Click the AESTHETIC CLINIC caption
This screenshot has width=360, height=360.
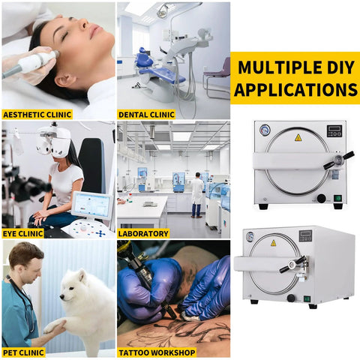point(37,115)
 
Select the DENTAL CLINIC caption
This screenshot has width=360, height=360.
point(146,115)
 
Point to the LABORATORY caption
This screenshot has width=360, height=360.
point(143,233)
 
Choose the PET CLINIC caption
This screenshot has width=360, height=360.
point(25,352)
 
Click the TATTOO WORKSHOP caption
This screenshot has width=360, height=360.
point(157,352)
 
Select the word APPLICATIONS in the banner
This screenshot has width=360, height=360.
point(295,90)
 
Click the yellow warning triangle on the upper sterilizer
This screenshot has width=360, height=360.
point(298,138)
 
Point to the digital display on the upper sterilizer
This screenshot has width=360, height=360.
point(335,130)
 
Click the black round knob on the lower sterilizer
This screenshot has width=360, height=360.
point(291,298)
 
